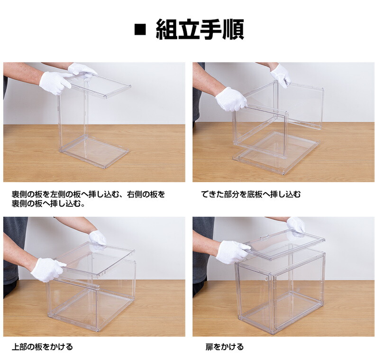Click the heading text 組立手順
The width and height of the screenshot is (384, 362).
pos(200,30)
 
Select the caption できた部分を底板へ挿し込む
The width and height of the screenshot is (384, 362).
pos(251,194)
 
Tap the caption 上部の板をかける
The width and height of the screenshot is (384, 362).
pos(42,347)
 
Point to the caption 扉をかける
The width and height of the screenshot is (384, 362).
pos(224,347)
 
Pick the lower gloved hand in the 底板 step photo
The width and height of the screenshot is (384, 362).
pos(230,99)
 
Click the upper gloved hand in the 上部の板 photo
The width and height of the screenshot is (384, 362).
pos(98,237)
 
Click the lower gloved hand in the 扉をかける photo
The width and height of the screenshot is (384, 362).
pos(232,251)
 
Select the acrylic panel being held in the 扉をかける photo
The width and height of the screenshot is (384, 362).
pos(284,244)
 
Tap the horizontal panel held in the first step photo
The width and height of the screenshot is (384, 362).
pos(102,85)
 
